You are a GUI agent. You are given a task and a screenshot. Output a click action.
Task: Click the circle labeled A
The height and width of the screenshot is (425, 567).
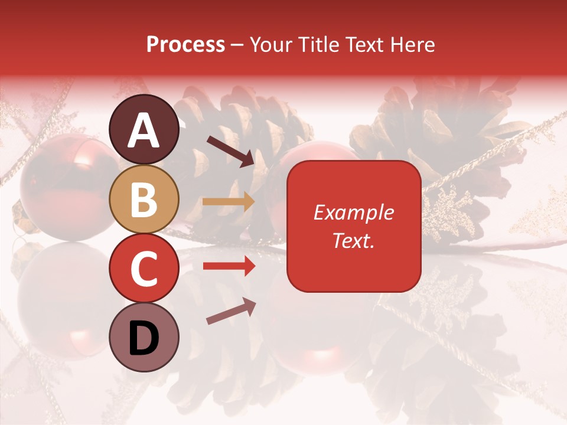point(144,129)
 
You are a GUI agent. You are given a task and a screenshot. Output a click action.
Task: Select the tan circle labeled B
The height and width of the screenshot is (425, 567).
point(144,199)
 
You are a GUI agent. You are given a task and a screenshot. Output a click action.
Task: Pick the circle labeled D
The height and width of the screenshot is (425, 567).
point(144,337)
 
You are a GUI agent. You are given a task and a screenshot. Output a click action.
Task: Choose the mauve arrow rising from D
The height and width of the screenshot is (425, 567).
point(231,311)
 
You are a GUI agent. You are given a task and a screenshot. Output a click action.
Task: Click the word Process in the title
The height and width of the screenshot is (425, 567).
point(185,44)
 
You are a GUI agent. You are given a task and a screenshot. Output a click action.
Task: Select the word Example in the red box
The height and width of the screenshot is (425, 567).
point(353,212)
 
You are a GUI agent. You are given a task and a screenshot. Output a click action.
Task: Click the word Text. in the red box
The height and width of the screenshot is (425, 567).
point(353,240)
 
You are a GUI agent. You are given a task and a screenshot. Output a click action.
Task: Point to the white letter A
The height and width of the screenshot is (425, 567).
point(144,130)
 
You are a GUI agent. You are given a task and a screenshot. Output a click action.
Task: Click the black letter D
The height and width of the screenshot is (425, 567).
point(144,338)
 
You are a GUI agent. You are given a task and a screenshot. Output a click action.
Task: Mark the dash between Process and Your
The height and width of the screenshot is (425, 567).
point(237,45)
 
